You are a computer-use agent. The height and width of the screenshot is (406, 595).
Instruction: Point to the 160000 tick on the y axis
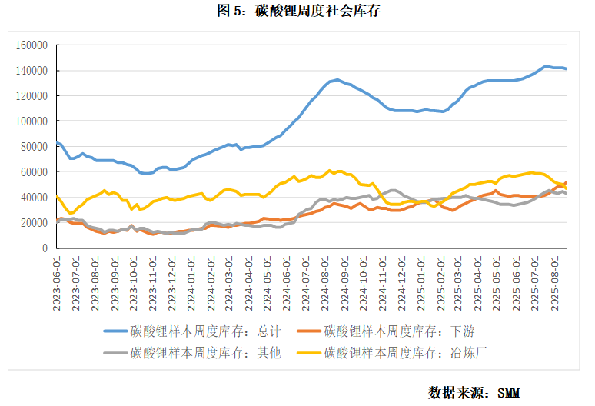32,45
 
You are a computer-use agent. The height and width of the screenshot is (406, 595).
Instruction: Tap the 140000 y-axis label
32,71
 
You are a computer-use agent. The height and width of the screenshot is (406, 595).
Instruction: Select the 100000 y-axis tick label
32,121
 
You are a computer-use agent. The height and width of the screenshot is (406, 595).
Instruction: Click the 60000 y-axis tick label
34,172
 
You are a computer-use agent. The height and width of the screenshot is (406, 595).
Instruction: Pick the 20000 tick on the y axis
34,223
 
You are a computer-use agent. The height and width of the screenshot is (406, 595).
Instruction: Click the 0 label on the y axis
45,248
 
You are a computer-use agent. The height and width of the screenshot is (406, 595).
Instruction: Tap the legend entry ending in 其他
192,353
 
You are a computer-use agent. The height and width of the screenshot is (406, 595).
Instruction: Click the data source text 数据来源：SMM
474,392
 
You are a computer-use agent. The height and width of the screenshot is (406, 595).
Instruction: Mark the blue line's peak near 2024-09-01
337,79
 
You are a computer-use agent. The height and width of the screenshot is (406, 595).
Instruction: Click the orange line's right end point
567,183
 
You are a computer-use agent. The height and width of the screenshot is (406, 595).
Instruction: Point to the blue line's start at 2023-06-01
57,142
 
